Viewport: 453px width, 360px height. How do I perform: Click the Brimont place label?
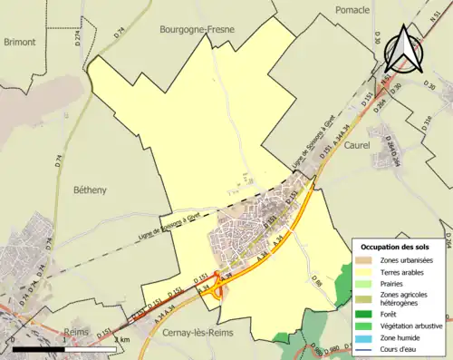pos(20,42)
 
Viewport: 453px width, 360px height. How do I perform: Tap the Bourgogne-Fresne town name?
pos(197,29)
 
